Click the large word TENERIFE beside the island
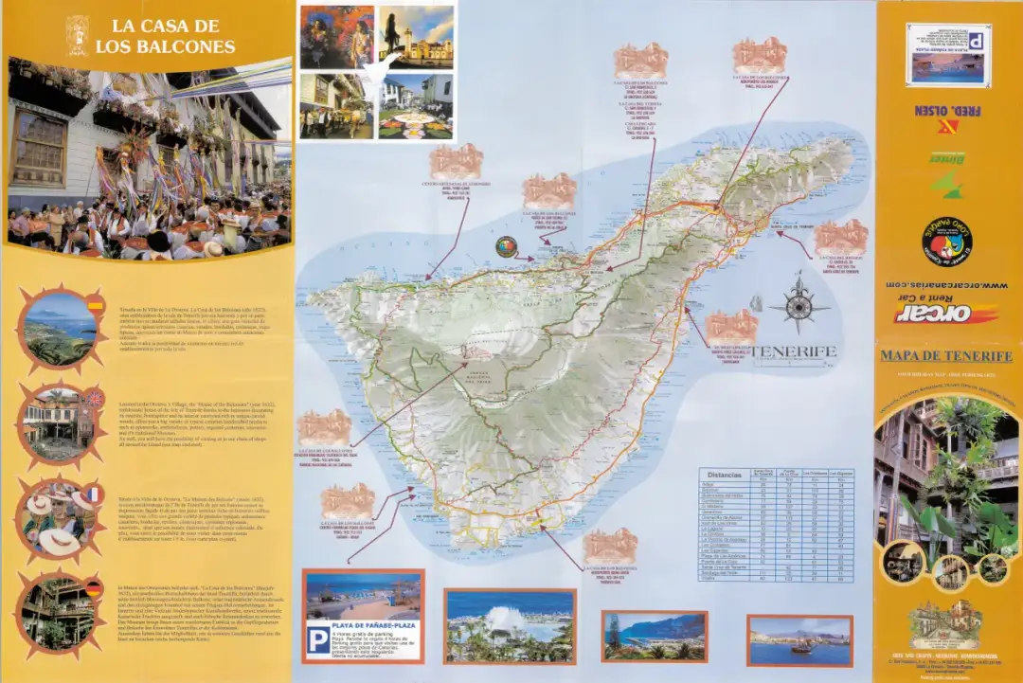(794, 351)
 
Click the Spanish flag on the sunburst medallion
(96, 305)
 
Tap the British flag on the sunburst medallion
(96, 399)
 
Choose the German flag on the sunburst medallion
(94, 588)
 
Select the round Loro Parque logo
(947, 240)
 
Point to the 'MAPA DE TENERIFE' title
(946, 356)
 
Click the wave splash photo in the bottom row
(510, 625)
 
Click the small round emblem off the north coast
(507, 246)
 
